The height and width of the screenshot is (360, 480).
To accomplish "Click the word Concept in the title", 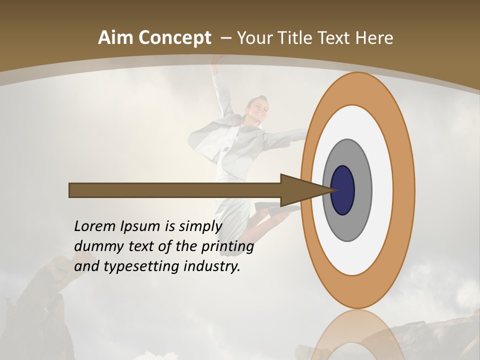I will pos(174,38).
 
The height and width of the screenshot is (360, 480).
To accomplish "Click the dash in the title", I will pos(225,38).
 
